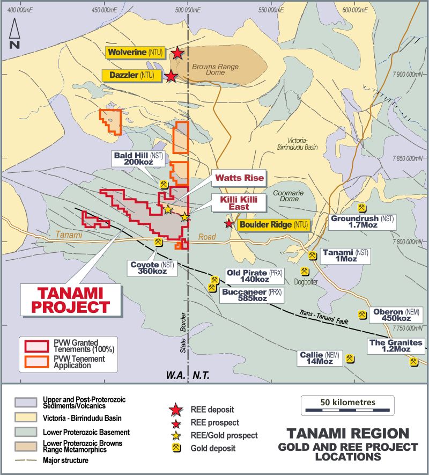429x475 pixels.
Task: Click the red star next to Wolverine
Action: click(177, 53)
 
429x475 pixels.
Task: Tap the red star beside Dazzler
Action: click(171, 76)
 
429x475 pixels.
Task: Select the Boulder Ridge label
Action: click(273, 224)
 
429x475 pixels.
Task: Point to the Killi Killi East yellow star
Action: click(184, 217)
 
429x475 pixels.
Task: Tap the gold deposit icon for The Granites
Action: click(413, 362)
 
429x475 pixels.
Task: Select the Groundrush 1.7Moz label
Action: click(362, 222)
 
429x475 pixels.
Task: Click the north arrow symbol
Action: click(14, 34)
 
